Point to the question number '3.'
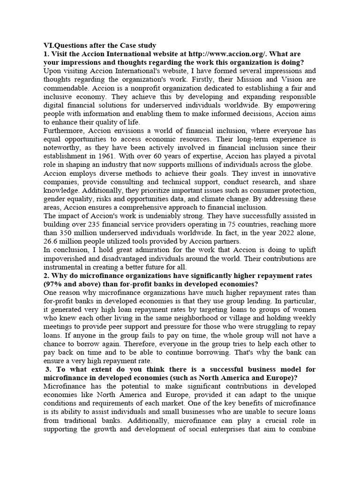pos(48,369)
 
